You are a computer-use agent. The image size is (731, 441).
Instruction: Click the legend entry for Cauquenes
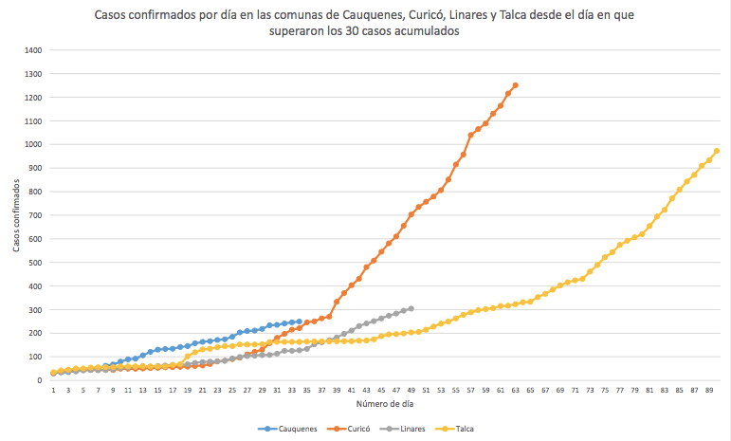point(291,429)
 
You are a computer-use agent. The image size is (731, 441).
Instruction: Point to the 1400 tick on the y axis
point(33,50)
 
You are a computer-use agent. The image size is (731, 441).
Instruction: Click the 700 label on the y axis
point(35,215)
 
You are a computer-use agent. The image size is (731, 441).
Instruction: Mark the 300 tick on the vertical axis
point(35,310)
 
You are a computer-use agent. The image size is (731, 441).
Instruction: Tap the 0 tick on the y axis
point(41,380)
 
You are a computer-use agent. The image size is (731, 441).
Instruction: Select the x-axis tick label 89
point(708,390)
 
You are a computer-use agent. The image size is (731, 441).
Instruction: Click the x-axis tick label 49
point(411,390)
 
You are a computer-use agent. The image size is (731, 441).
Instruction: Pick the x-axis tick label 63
point(515,390)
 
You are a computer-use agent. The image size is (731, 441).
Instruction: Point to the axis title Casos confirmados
point(16,215)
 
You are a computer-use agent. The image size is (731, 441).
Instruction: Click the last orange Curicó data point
point(515,85)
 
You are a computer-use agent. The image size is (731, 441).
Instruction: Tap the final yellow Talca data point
point(716,151)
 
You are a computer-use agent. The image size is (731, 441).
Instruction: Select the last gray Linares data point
point(411,308)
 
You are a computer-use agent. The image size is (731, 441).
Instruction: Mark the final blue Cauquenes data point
point(299,322)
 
